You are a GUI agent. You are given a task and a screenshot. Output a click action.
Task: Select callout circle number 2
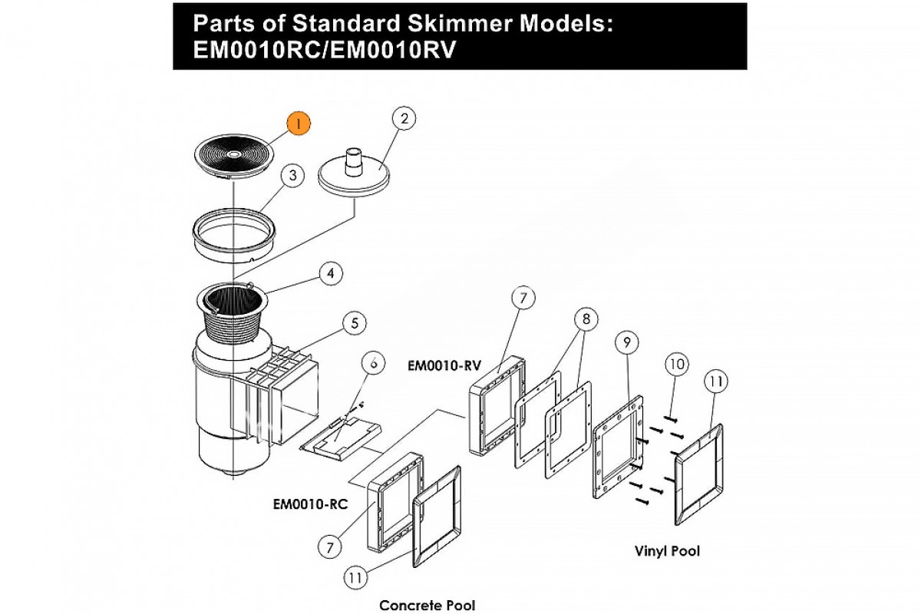[404, 119]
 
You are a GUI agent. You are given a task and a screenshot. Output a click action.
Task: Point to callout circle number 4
[331, 272]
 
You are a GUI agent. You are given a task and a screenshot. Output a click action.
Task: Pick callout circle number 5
[354, 324]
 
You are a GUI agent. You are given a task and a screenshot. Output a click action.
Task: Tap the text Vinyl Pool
[667, 550]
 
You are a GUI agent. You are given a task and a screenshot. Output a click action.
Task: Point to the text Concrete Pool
[427, 605]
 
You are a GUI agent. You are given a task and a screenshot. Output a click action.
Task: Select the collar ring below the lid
[232, 231]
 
